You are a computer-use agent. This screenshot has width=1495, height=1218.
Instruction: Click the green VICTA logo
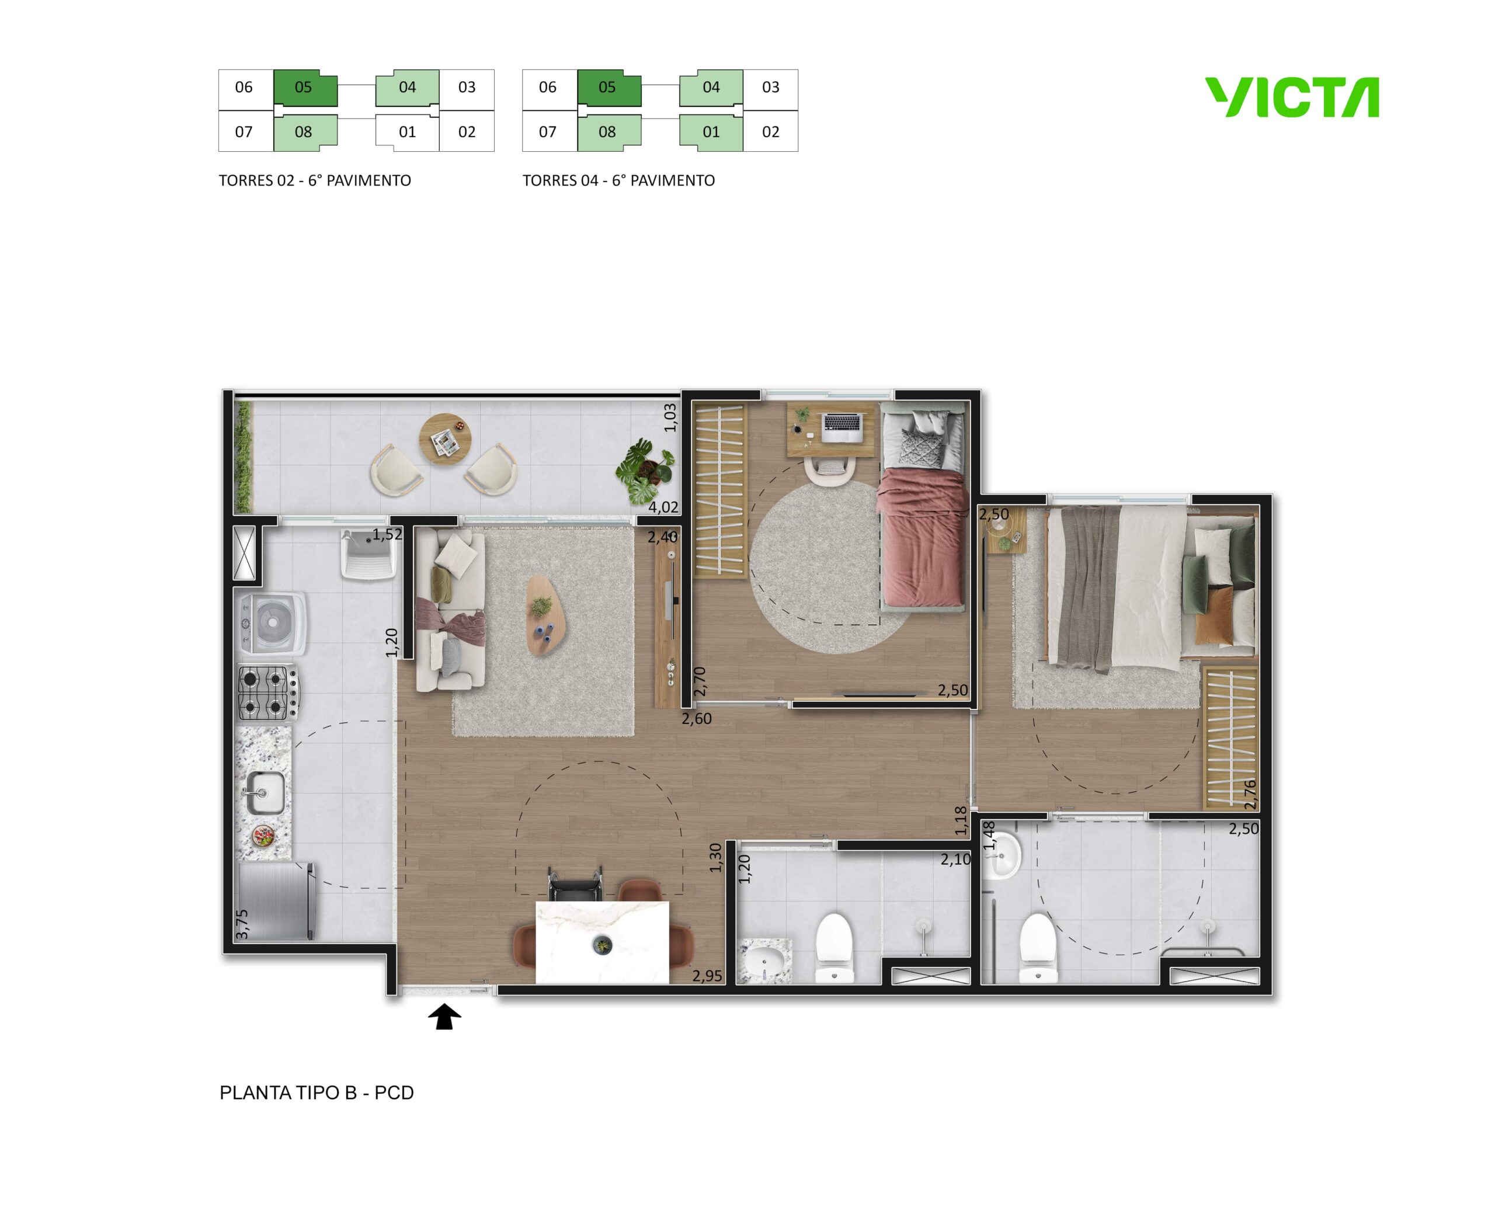pyautogui.click(x=1292, y=97)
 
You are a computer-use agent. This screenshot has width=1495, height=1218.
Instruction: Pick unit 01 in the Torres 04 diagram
pyautogui.click(x=711, y=132)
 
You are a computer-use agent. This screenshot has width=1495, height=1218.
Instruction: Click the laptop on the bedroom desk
pyautogui.click(x=842, y=427)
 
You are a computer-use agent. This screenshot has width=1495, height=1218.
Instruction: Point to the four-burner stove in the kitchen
pyautogui.click(x=268, y=692)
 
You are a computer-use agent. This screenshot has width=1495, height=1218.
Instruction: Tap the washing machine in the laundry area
pyautogui.click(x=271, y=621)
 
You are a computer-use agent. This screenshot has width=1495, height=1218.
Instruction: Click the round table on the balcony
pyautogui.click(x=445, y=439)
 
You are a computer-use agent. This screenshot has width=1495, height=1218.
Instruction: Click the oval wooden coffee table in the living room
pyautogui.click(x=546, y=615)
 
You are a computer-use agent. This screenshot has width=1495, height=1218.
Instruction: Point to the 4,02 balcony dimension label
pyautogui.click(x=663, y=507)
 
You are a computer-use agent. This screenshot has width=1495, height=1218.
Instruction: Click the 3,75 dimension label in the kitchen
pyautogui.click(x=242, y=924)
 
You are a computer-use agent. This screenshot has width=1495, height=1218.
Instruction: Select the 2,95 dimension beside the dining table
pyautogui.click(x=707, y=976)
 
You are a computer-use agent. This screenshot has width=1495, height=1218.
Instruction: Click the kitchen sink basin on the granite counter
pyautogui.click(x=266, y=792)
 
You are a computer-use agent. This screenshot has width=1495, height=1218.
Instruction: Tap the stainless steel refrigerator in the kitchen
pyautogui.click(x=275, y=901)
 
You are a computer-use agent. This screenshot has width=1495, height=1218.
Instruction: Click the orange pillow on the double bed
pyautogui.click(x=1214, y=615)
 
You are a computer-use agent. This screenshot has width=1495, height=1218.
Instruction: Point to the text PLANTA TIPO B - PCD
pyautogui.click(x=317, y=1092)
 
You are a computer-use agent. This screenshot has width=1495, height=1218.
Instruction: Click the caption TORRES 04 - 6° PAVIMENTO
pyautogui.click(x=618, y=180)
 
